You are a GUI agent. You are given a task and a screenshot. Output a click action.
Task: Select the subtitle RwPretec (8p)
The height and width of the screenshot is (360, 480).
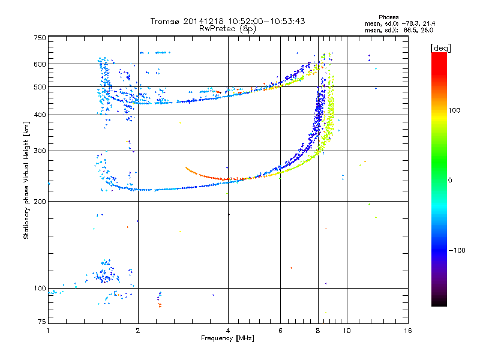coord(227,29)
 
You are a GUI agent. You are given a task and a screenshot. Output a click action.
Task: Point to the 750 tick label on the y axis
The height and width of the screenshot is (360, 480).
coord(40,38)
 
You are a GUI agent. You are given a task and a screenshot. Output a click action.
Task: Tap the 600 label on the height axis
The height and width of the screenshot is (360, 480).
coord(40,64)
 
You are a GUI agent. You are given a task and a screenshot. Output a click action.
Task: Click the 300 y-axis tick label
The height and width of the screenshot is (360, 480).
coord(40,151)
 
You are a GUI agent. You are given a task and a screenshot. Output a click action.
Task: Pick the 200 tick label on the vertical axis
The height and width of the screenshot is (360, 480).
coord(40,202)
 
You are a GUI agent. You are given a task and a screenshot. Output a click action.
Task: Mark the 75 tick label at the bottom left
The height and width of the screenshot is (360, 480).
coord(42,322)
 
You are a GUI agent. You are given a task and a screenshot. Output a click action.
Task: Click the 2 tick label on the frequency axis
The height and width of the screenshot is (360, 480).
coord(138,331)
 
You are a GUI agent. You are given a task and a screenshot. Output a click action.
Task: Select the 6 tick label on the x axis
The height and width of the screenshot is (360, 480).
coord(280,331)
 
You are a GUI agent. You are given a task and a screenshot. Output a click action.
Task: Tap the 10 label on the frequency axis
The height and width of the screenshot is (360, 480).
coord(347,331)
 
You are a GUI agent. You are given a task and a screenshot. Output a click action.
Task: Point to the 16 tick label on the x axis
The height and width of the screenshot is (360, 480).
coord(408,331)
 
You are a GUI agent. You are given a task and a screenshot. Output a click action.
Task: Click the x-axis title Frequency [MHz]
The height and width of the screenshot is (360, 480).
coord(227,338)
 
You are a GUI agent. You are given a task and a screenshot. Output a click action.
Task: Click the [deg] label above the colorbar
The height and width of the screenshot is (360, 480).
coord(440,48)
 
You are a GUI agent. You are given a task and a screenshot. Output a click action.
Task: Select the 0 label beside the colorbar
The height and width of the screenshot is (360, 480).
coord(450,180)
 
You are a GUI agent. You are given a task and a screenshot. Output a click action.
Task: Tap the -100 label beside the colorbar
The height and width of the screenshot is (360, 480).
coord(457,250)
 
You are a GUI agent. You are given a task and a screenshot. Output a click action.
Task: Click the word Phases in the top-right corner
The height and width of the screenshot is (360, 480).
coord(388,17)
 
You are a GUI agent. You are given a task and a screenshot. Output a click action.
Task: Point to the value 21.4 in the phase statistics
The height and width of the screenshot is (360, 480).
coord(429,23)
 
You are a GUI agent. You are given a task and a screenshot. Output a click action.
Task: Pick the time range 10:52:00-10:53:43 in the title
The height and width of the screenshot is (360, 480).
coord(266,21)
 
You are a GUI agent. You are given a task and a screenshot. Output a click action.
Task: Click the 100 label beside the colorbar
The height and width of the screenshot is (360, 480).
coord(454,110)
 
